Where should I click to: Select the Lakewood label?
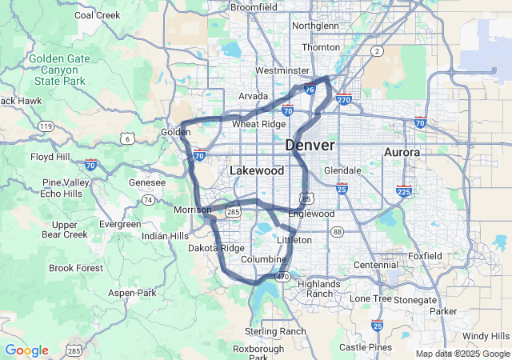(x=256, y=171)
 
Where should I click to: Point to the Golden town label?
(x=175, y=132)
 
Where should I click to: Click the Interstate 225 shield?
(x=403, y=192)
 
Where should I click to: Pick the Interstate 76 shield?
(x=309, y=90)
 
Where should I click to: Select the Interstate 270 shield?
(x=344, y=99)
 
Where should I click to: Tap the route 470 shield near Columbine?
(x=282, y=277)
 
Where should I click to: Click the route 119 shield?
(x=46, y=126)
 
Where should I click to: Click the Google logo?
(x=26, y=350)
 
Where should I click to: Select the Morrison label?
(x=192, y=210)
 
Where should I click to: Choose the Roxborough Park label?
(x=258, y=353)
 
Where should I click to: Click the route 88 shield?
(x=337, y=232)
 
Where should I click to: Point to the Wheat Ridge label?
(x=258, y=124)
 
